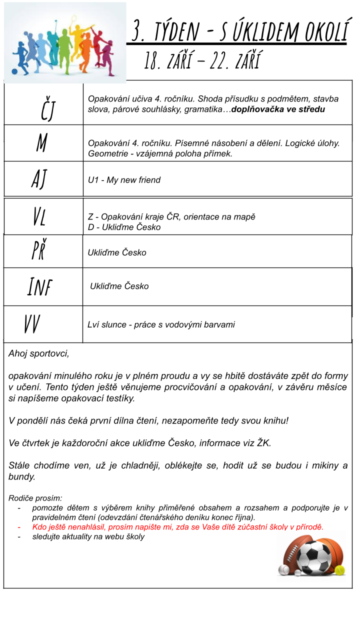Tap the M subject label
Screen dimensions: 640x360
[x=41, y=143]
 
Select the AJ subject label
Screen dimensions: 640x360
[x=39, y=178]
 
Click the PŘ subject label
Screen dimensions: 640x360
[x=38, y=250]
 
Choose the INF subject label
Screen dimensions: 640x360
[x=39, y=286]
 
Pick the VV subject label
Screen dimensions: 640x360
[x=32, y=324]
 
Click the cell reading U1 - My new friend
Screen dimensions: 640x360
[x=124, y=180]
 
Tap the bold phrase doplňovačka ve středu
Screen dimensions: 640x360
[x=278, y=109]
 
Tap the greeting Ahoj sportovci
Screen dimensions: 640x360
[x=39, y=353]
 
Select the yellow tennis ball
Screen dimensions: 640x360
[x=340, y=569]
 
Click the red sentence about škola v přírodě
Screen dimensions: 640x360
[x=177, y=527]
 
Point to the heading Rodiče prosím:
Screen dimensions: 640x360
[x=35, y=498]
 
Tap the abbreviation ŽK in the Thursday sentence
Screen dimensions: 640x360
[x=262, y=442]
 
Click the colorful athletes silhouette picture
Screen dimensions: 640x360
[x=65, y=42]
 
